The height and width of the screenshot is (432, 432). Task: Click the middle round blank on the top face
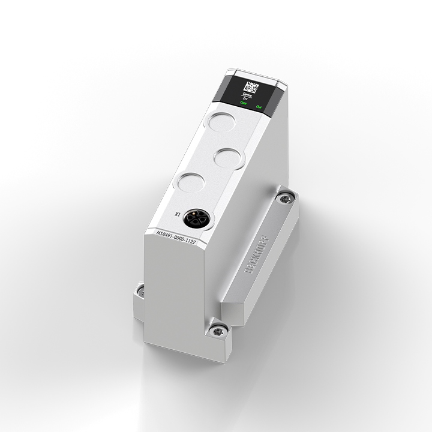coord(229,158)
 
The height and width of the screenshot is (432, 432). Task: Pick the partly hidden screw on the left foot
coord(140,290)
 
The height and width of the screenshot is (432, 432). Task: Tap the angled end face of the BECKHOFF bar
coord(232,311)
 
